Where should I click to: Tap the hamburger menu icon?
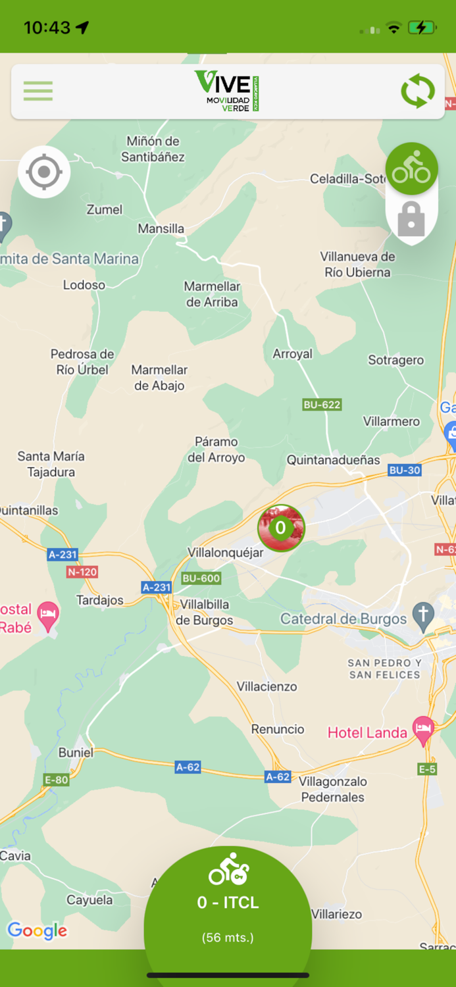click(x=38, y=91)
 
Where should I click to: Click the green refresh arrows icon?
click(x=418, y=91)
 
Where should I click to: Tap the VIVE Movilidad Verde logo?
click(x=227, y=91)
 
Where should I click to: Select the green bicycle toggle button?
click(x=412, y=169)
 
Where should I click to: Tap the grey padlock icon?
click(x=411, y=219)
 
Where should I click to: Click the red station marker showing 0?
click(x=281, y=528)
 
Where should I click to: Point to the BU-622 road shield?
click(x=322, y=405)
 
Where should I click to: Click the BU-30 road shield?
click(x=405, y=470)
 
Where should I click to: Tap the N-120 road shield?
click(x=82, y=572)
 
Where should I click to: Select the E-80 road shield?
click(x=56, y=780)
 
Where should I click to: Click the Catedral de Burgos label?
click(x=343, y=619)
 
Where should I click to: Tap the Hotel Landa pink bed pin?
click(x=423, y=728)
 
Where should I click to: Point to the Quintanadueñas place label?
click(x=333, y=460)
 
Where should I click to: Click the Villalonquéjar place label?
click(x=225, y=553)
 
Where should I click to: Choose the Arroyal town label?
click(x=293, y=354)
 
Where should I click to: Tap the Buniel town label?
click(x=76, y=752)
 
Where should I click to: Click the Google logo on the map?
click(x=38, y=930)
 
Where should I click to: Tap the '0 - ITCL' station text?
click(x=228, y=903)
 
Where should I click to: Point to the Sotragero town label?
click(x=395, y=360)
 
